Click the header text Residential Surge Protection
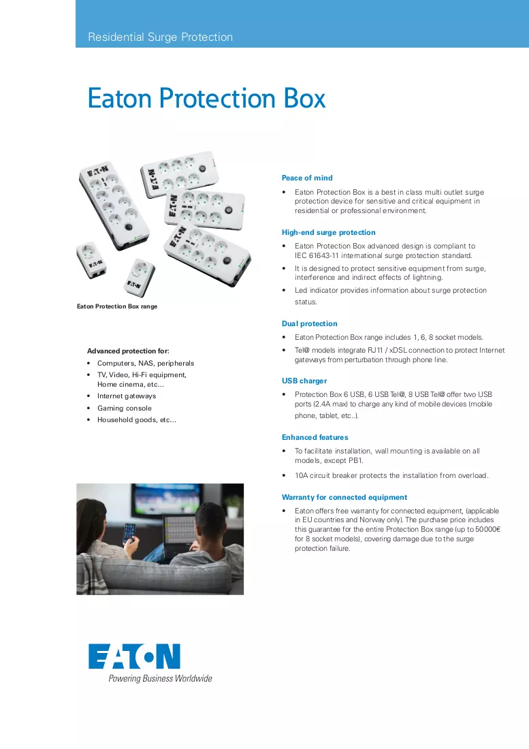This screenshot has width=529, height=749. (x=161, y=37)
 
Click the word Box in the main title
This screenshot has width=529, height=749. (x=304, y=99)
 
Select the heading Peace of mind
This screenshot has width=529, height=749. (x=307, y=178)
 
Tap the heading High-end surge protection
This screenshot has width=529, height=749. (x=328, y=233)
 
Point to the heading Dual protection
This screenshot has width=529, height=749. (x=309, y=324)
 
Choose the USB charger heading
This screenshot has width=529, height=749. (x=304, y=381)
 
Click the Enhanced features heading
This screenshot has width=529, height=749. (x=315, y=438)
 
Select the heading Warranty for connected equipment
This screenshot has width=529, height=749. (x=344, y=497)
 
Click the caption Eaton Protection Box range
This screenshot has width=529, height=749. (x=117, y=306)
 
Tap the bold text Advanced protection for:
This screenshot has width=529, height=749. (x=128, y=351)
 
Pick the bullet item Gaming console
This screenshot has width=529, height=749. (x=125, y=408)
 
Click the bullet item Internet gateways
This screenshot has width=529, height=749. (x=127, y=396)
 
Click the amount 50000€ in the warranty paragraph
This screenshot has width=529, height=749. (x=488, y=529)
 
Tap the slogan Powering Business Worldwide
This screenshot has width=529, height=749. (x=160, y=678)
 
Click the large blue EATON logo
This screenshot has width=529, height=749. (x=134, y=656)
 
